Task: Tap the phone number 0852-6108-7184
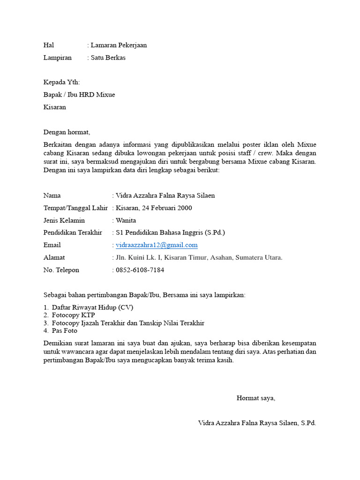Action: (x=140, y=270)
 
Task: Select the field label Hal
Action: (x=49, y=45)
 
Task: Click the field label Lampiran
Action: (x=58, y=58)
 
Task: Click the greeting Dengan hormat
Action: (x=66, y=132)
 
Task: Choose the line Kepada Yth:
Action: (x=62, y=82)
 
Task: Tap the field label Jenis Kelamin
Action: (x=64, y=220)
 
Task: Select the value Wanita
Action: (x=126, y=220)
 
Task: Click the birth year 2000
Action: (x=184, y=208)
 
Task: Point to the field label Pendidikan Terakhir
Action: (x=73, y=232)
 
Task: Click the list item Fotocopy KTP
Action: (x=73, y=315)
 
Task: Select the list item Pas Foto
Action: (x=65, y=331)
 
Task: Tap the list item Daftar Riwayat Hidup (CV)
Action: (x=92, y=307)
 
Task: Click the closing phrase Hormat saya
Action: (x=255, y=398)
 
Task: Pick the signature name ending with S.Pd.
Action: (x=257, y=423)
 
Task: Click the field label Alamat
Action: (x=54, y=257)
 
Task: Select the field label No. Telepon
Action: (x=61, y=270)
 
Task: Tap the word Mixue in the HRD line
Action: (x=105, y=95)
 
